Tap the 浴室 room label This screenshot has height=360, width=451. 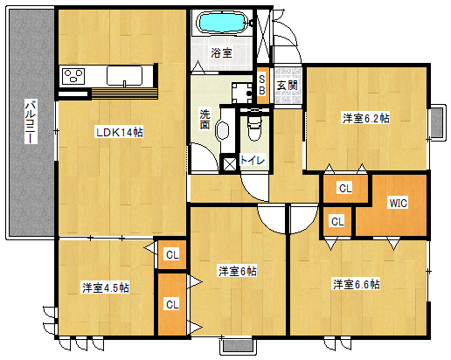tap(221, 53)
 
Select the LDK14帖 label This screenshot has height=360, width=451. tap(120, 133)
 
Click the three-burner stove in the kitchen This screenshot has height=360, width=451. tap(73, 76)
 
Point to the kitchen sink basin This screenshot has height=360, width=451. tap(124, 76)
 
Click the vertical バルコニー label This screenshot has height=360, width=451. tap(31, 121)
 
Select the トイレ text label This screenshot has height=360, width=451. tap(253, 160)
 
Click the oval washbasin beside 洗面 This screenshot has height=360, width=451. tap(222, 130)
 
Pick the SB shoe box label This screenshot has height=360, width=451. tap(262, 85)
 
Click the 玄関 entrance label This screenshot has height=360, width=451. tap(288, 86)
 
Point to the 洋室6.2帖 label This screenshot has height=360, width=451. tap(366, 119)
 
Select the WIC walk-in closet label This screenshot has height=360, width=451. tap(399, 203)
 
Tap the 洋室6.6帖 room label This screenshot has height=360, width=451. tap(357, 284)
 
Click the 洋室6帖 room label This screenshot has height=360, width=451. tap(238, 272)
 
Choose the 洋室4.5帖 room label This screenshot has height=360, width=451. tap(106, 287)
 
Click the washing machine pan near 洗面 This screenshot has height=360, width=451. tap(242, 93)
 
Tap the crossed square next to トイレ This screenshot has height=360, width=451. tap(229, 164)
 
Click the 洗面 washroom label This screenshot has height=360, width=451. tap(205, 120)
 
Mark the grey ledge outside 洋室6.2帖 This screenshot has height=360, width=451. tap(437, 122)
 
